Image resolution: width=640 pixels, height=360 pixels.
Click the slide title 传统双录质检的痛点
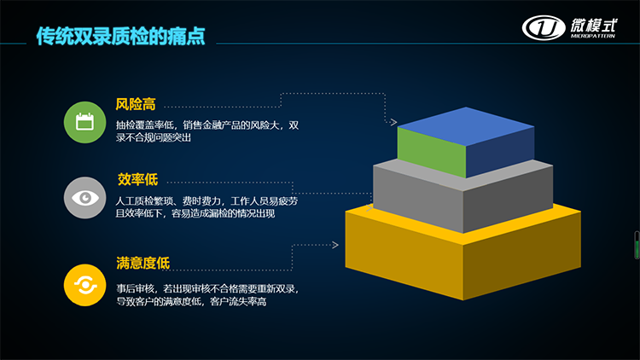[121, 36]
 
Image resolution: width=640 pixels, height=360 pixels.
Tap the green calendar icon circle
[84, 122]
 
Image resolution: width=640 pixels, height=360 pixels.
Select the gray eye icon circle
[84, 198]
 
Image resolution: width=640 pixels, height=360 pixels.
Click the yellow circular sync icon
[84, 285]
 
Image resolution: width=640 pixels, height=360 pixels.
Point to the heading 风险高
[136, 104]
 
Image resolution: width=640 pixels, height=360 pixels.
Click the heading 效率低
[137, 179]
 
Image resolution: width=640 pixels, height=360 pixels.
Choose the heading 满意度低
[143, 263]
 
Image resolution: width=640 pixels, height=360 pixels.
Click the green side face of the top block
[432, 152]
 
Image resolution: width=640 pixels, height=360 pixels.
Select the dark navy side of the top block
[500, 152]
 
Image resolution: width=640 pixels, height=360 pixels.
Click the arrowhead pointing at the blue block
[393, 122]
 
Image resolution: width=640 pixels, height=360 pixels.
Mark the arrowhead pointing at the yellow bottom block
[335, 245]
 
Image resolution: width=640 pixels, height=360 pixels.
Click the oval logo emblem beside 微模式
[544, 28]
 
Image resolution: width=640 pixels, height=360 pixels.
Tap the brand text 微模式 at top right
[593, 26]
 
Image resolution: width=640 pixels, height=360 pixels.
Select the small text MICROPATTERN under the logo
[593, 36]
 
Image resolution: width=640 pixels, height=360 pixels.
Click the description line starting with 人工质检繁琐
[207, 200]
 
